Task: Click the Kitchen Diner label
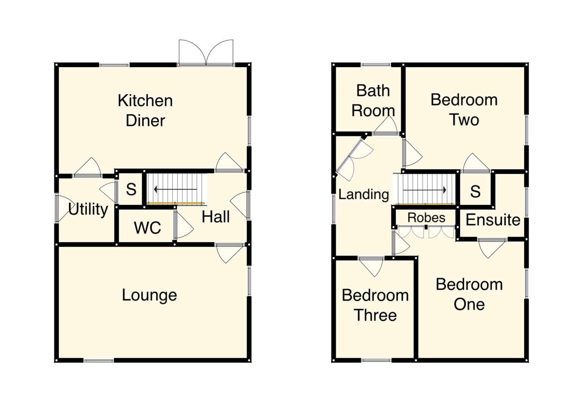(x=145, y=110)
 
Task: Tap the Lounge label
(x=149, y=295)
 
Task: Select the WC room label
(x=147, y=228)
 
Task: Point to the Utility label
(x=88, y=209)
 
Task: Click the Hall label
(x=216, y=217)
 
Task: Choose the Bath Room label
(x=373, y=100)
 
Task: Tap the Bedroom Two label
(x=464, y=110)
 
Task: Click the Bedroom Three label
(x=375, y=305)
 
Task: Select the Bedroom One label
(x=469, y=294)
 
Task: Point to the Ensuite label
(x=493, y=220)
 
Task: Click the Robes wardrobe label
(x=426, y=217)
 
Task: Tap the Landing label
(x=363, y=194)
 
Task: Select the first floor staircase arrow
(x=425, y=190)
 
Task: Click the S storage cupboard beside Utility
(x=131, y=190)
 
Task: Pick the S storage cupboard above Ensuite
(x=475, y=191)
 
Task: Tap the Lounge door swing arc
(x=228, y=254)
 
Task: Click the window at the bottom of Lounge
(x=99, y=361)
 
